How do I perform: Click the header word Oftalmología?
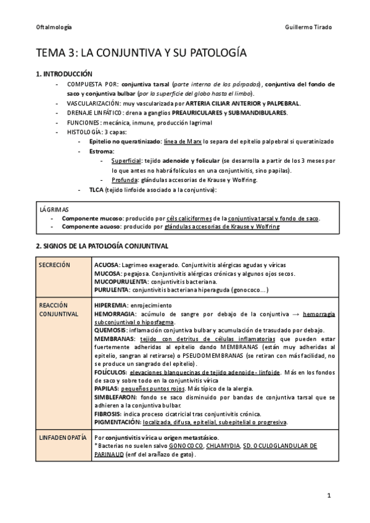point(54,28)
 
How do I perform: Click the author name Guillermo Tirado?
point(310,28)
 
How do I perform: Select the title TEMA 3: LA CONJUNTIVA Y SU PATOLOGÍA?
point(142,53)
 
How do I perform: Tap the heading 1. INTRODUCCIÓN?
point(64,74)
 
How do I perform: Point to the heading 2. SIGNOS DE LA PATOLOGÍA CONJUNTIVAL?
point(102,246)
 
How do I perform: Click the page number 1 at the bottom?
point(329,495)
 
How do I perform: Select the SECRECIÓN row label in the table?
point(54,265)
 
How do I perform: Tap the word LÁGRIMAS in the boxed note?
point(54,210)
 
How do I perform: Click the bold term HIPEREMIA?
point(111,305)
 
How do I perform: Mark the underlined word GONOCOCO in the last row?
point(186,446)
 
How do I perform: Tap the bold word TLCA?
point(96,189)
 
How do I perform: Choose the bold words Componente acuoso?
point(92,227)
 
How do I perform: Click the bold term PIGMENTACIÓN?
point(117,422)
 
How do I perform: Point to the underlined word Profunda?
point(125,179)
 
